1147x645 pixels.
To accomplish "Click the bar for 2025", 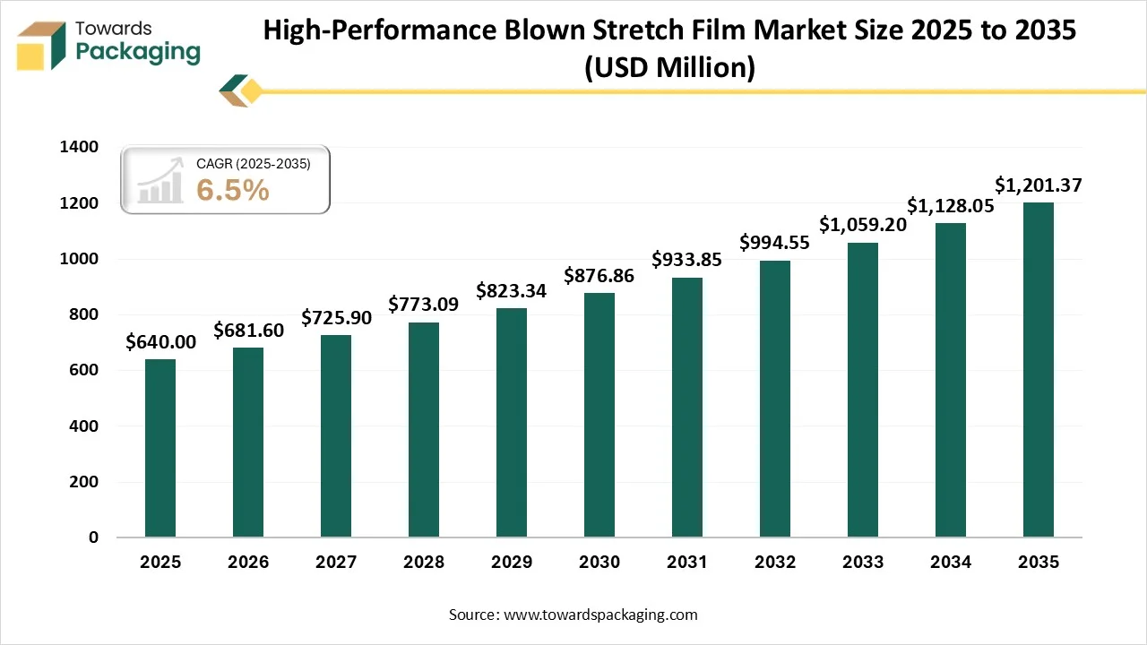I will pos(160,448).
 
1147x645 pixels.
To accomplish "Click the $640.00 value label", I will pos(160,341).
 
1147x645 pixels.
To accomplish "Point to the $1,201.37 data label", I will pos(1039,185).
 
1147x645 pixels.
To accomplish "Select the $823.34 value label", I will pos(512,290).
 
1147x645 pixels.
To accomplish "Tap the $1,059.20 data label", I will pos(863,224).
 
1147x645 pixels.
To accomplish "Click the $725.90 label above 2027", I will pos(336,317).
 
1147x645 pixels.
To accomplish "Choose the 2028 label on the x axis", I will pos(424,563).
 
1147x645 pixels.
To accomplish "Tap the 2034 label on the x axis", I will pos(951,563).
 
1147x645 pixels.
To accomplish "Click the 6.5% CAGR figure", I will pos(232,189).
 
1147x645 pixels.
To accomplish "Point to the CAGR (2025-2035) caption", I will pos(254,164).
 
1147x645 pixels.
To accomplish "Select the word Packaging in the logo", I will pos(138,52).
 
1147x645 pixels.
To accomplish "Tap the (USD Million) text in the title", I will pos(669,67).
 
